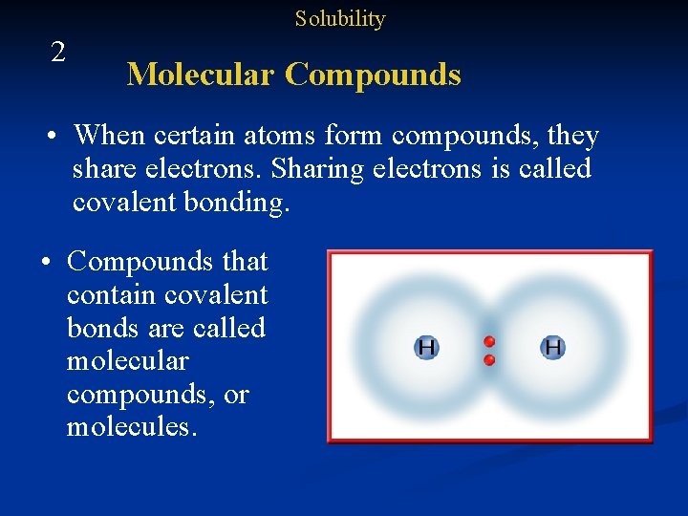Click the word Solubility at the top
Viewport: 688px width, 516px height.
(339, 19)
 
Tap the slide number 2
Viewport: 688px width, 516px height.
(58, 53)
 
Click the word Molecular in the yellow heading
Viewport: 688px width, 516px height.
(200, 75)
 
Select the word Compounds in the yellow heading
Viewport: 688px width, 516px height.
(373, 75)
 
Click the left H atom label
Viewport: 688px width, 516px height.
(425, 348)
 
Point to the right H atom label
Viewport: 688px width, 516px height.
(552, 348)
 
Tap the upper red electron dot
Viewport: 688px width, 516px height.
(489, 341)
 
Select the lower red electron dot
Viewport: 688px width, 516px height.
(489, 360)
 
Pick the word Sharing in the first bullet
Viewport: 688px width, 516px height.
(314, 169)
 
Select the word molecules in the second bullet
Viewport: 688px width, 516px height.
(131, 426)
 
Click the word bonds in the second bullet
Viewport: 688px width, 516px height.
(101, 328)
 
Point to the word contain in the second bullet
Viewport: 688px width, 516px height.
(110, 294)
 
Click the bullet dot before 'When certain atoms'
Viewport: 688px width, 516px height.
(57, 137)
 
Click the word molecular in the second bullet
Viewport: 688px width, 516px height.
(127, 361)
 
